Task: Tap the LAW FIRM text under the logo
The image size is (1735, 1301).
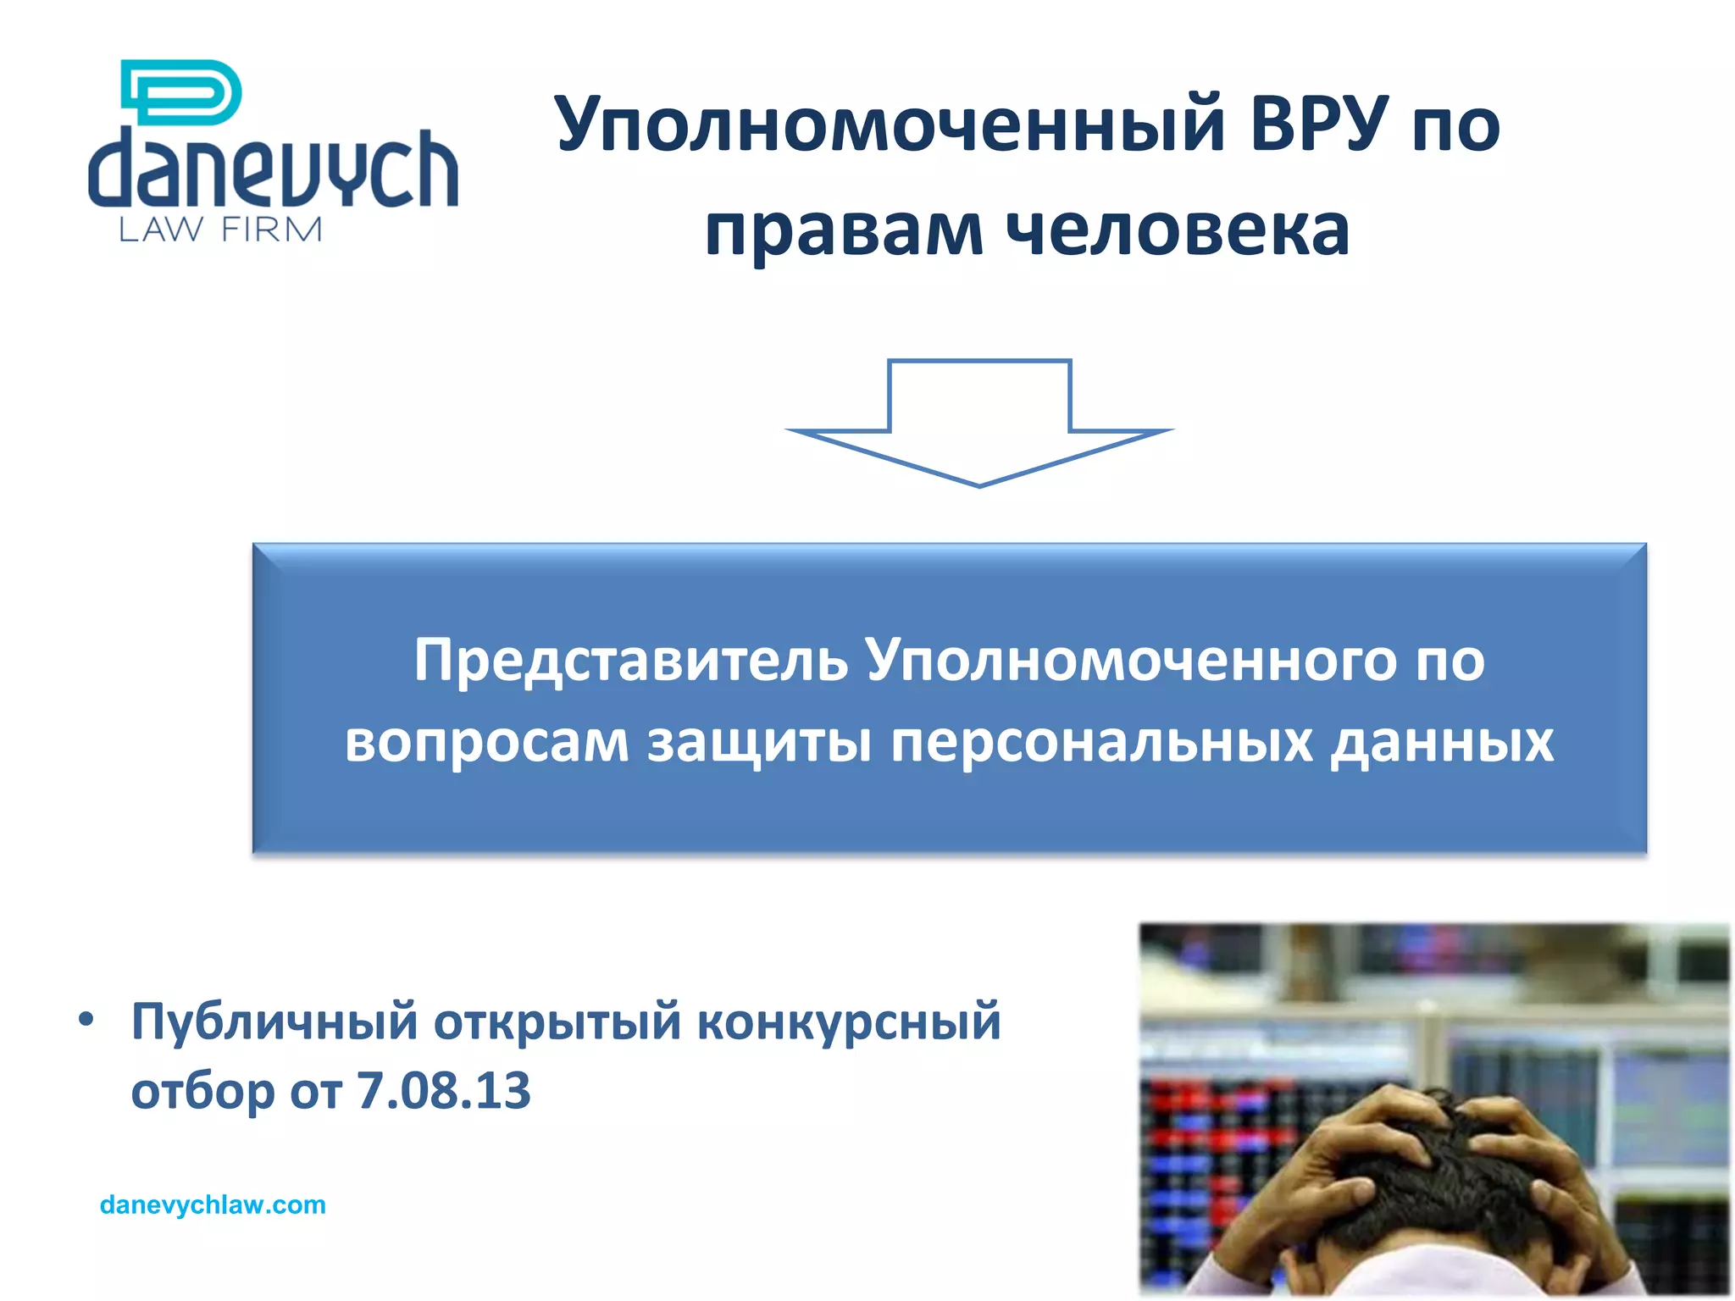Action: (x=220, y=230)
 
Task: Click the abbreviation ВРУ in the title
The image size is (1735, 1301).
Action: (x=1320, y=125)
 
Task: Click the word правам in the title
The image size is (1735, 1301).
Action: (x=844, y=231)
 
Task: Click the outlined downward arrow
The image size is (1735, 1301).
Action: (x=979, y=424)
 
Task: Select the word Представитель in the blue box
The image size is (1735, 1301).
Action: (x=631, y=660)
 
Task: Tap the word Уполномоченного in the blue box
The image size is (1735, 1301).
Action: (x=1130, y=660)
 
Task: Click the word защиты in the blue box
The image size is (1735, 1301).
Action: (x=759, y=743)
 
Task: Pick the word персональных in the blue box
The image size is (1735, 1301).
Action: (x=1100, y=743)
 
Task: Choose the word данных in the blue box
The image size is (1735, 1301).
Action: (x=1442, y=743)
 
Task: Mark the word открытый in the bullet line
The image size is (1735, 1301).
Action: (x=557, y=1021)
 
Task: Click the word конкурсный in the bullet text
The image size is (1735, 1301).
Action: (x=849, y=1021)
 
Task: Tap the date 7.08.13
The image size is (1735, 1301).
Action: (x=443, y=1090)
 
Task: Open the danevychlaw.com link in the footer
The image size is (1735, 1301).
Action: (x=213, y=1204)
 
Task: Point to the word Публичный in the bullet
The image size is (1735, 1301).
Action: (x=274, y=1021)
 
